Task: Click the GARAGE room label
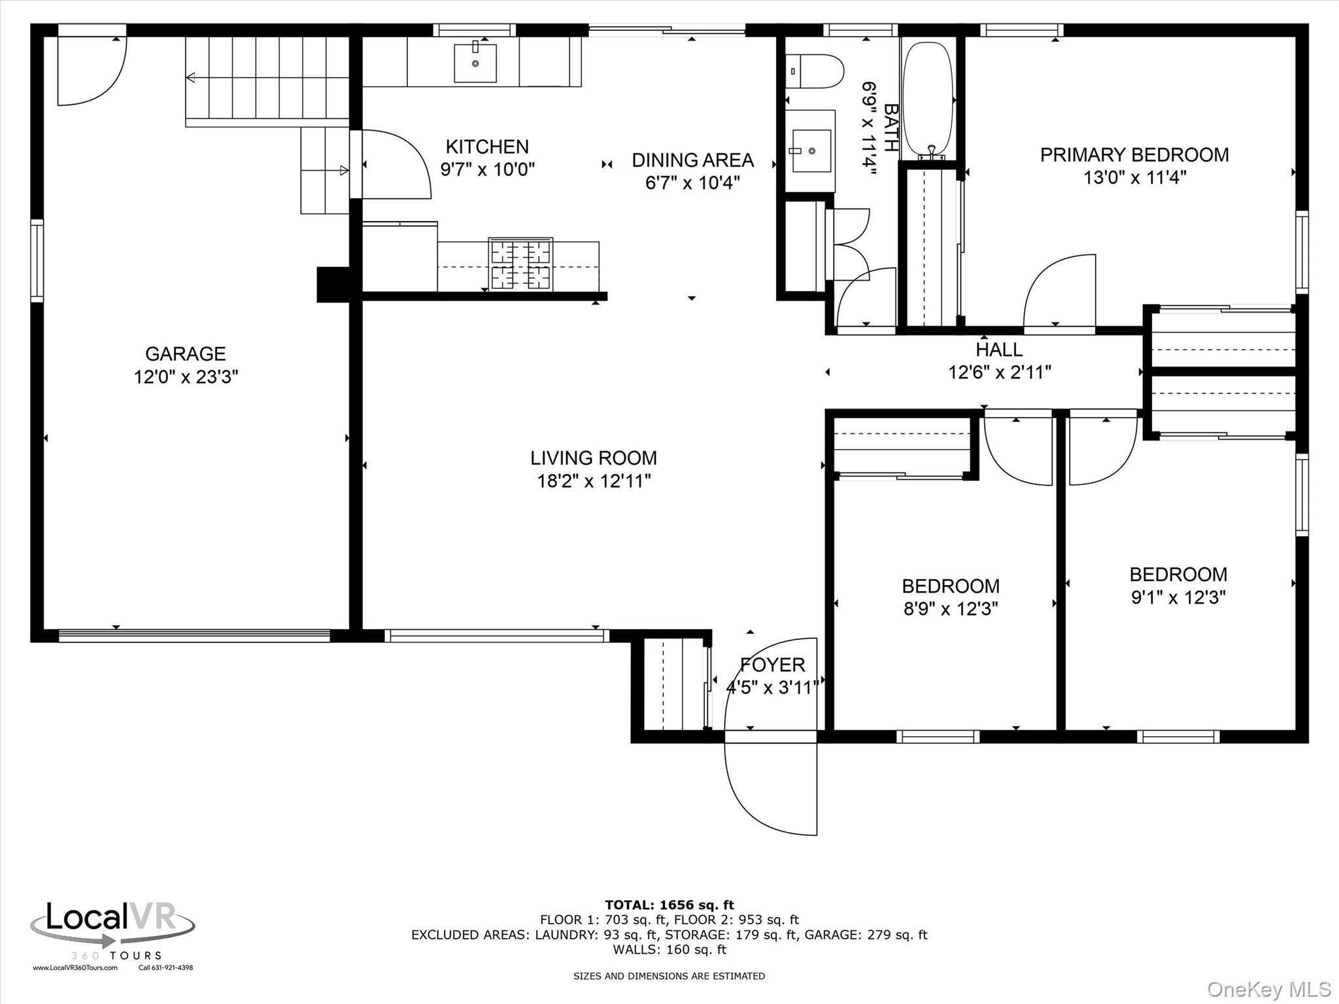[186, 354]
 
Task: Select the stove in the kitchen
[520, 264]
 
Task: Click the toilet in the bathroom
[815, 71]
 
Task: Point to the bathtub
[928, 100]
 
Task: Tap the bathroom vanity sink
[811, 151]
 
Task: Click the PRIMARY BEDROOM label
[1134, 155]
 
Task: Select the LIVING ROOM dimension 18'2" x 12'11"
[594, 482]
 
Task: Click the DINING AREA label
[692, 160]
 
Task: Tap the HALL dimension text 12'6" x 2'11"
[1000, 373]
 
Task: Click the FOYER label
[772, 665]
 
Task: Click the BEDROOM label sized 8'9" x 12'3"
[951, 586]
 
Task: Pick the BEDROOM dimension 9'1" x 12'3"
[1178, 597]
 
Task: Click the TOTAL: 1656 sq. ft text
[669, 905]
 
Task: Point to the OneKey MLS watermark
[1269, 990]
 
